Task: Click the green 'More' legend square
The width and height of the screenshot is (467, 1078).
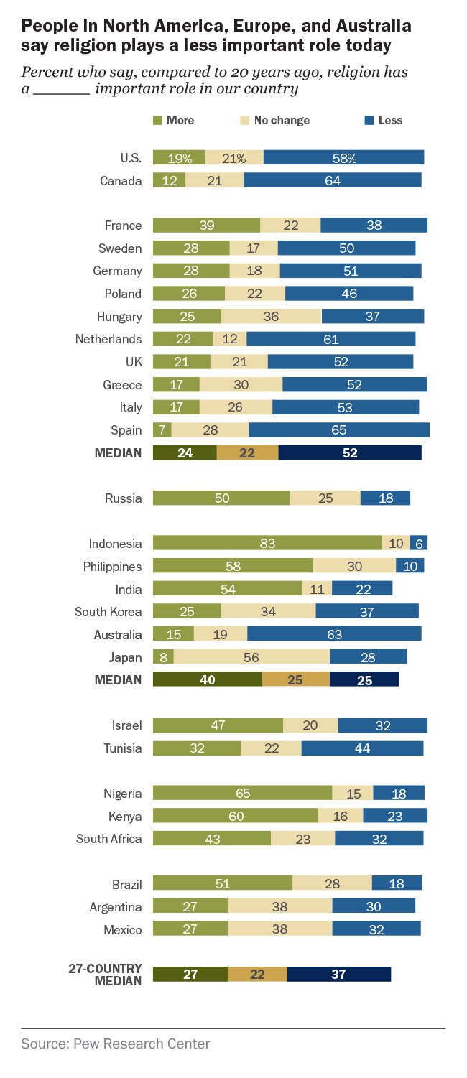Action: pos(157,121)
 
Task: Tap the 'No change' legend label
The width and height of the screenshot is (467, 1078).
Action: pos(281,121)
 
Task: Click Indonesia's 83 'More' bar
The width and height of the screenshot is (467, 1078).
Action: pos(267,544)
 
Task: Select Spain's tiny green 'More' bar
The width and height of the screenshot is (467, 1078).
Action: pos(162,430)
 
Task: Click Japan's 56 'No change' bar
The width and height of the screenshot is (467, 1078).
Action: pos(251,657)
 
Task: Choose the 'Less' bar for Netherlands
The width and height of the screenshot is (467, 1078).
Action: pos(331,339)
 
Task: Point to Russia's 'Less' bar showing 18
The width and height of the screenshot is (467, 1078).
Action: pos(385,498)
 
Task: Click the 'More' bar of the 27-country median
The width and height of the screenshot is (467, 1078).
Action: pos(190,975)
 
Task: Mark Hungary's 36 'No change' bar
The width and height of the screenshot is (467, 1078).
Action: pos(271,317)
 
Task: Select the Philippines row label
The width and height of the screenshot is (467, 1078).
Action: pos(112,567)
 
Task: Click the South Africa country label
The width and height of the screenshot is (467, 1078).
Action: pos(109,839)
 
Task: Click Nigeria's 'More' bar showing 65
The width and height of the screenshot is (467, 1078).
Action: pos(243,794)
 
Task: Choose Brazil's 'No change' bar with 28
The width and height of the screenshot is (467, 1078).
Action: pos(332,884)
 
